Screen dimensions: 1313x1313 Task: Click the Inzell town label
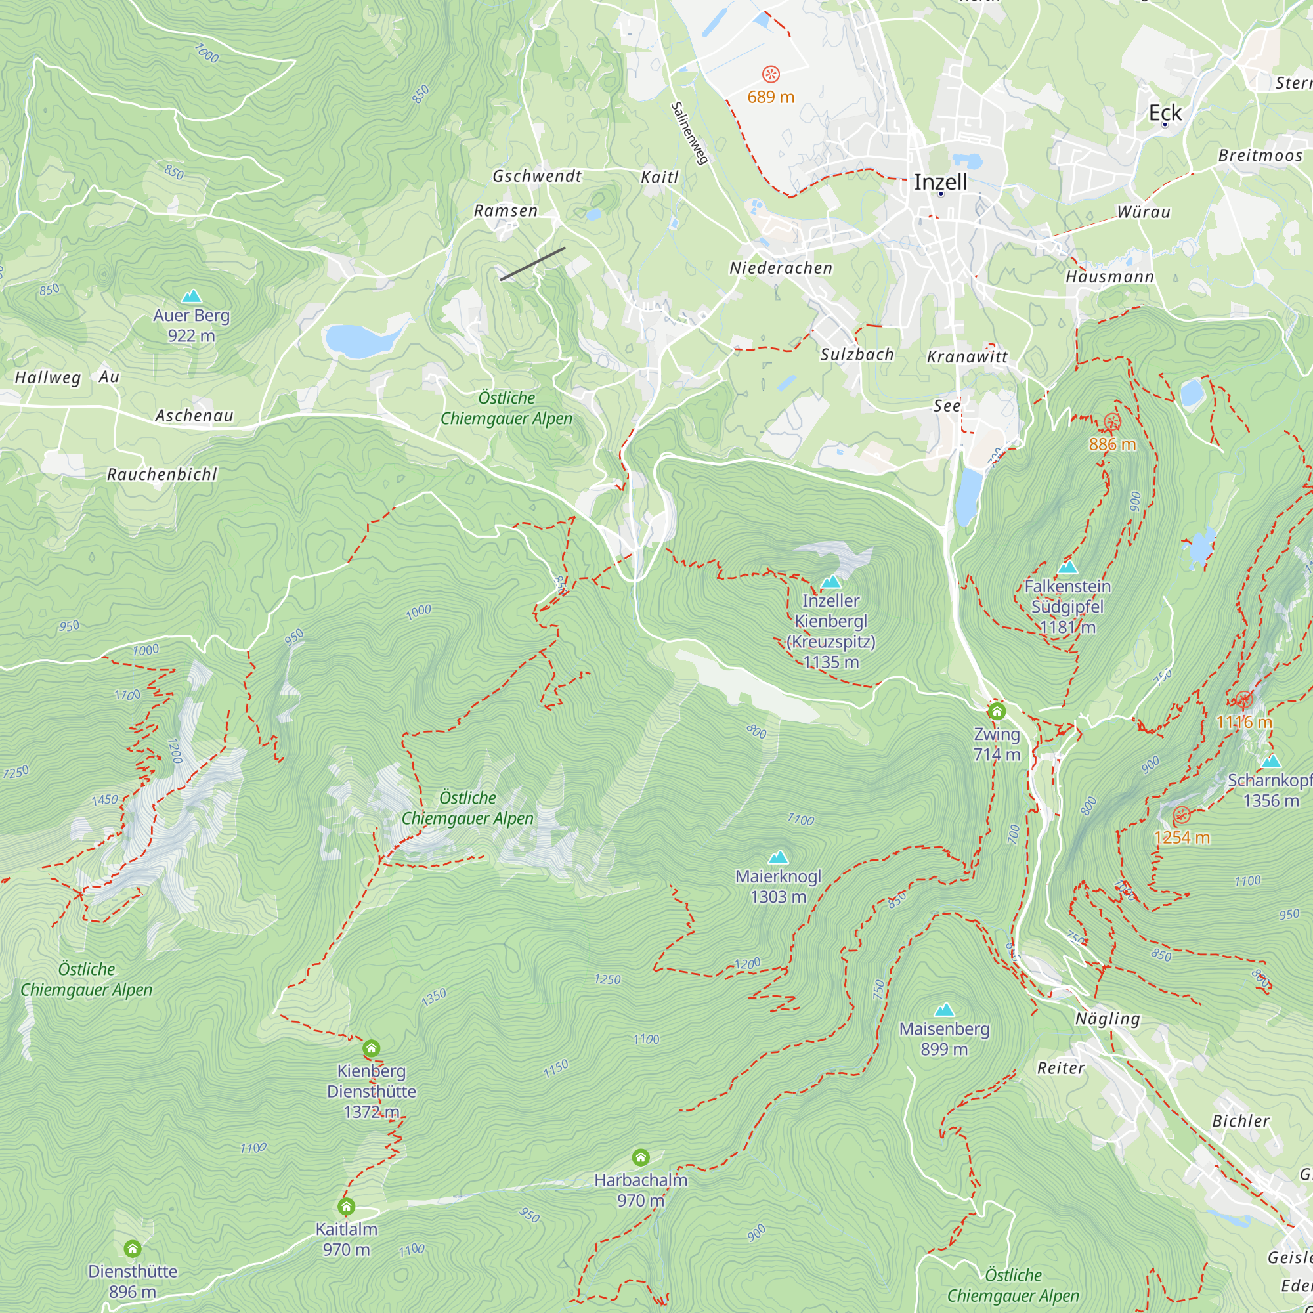(940, 182)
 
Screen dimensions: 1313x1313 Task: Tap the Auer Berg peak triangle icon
(192, 296)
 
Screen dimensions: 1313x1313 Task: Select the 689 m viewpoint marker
(771, 74)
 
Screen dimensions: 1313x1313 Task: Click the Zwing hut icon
(997, 711)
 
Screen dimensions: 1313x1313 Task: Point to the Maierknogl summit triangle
(778, 857)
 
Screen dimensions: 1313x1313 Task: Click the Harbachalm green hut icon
(640, 1157)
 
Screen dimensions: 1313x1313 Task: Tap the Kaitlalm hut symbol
(346, 1206)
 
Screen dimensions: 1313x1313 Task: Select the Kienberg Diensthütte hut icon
(371, 1048)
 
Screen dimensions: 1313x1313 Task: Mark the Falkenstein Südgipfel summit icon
(1067, 567)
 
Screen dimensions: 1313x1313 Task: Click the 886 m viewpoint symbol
(1112, 422)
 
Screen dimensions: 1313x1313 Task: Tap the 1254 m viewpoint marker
(1182, 815)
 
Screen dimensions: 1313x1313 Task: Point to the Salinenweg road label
(689, 133)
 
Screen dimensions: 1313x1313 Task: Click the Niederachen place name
(781, 269)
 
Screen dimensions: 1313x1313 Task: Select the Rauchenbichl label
(161, 475)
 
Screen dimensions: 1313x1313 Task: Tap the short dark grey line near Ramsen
(533, 264)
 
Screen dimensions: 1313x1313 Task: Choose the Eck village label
(1165, 113)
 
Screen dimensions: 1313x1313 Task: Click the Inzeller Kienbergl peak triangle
(831, 582)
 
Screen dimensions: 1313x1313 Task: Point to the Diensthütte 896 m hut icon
(133, 1249)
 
